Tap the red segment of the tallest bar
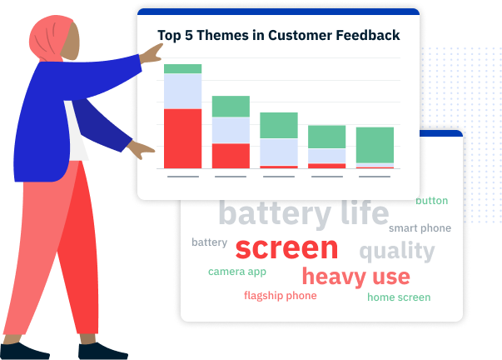pyautogui.click(x=183, y=138)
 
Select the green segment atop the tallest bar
pyautogui.click(x=183, y=69)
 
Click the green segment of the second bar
pyautogui.click(x=231, y=107)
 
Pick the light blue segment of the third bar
pyautogui.click(x=279, y=152)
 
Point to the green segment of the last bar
pyautogui.click(x=375, y=145)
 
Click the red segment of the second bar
pyautogui.click(x=231, y=156)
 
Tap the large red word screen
pyautogui.click(x=286, y=248)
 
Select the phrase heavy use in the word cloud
pyautogui.click(x=356, y=277)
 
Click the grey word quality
pyautogui.click(x=397, y=251)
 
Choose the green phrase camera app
pyautogui.click(x=237, y=272)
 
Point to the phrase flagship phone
pyautogui.click(x=280, y=296)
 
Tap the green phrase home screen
pyautogui.click(x=399, y=297)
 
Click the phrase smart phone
pyautogui.click(x=420, y=228)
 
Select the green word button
pyautogui.click(x=431, y=201)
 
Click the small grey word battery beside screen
pyautogui.click(x=210, y=242)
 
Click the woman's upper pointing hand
pyautogui.click(x=152, y=54)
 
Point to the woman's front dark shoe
pyautogui.click(x=103, y=351)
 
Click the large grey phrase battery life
pyautogui.click(x=304, y=213)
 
